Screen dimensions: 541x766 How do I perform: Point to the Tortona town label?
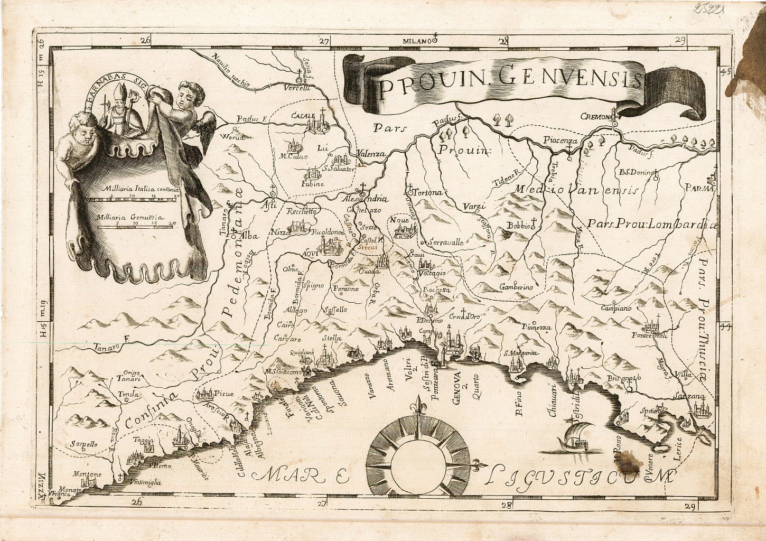pos(428,193)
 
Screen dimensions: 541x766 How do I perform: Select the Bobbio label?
pos(519,226)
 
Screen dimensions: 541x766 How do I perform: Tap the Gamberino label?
pos(516,287)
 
